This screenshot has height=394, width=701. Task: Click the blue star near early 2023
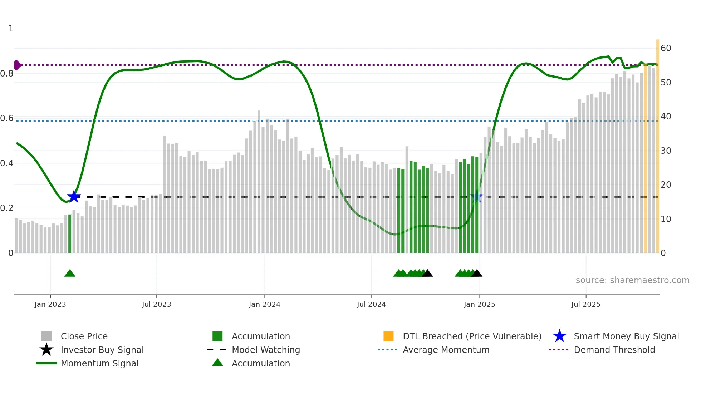pyautogui.click(x=74, y=196)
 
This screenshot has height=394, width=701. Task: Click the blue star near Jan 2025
pyautogui.click(x=477, y=197)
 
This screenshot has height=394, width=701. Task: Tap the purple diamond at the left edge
pyautogui.click(x=17, y=65)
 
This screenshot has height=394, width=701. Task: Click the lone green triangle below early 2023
pyautogui.click(x=70, y=274)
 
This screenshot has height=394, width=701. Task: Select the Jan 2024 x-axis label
pyautogui.click(x=264, y=304)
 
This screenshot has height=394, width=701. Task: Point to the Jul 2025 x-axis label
pyautogui.click(x=585, y=304)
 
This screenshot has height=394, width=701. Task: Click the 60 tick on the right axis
pyautogui.click(x=666, y=48)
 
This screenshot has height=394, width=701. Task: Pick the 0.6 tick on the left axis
pyautogui.click(x=7, y=118)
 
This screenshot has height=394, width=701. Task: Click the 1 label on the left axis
pyautogui.click(x=11, y=29)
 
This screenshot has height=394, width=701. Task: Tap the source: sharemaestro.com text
pyautogui.click(x=632, y=280)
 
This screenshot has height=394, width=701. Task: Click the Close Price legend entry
pyautogui.click(x=84, y=336)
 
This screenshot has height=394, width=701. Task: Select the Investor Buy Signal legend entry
pyautogui.click(x=102, y=350)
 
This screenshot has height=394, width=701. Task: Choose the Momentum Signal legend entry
pyautogui.click(x=99, y=363)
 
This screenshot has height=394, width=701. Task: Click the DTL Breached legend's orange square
pyautogui.click(x=388, y=336)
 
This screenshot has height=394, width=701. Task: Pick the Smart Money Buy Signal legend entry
pyautogui.click(x=626, y=336)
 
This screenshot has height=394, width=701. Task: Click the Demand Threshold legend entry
pyautogui.click(x=614, y=350)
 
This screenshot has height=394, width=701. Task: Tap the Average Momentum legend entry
pyautogui.click(x=446, y=350)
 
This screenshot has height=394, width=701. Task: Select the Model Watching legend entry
pyautogui.click(x=266, y=350)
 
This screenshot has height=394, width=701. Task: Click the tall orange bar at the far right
pyautogui.click(x=657, y=147)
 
